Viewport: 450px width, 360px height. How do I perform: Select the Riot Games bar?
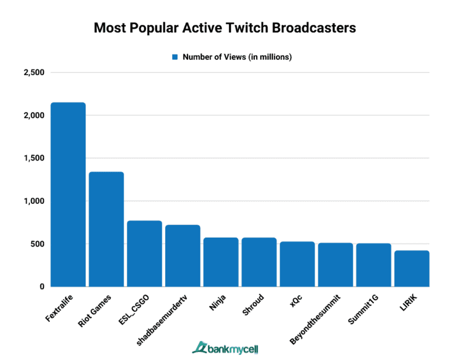pyautogui.click(x=106, y=229)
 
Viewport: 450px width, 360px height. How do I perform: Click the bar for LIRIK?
pyautogui.click(x=412, y=269)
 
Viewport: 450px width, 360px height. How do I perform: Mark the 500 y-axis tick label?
pyautogui.click(x=37, y=244)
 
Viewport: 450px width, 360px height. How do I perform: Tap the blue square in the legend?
pyautogui.click(x=175, y=57)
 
